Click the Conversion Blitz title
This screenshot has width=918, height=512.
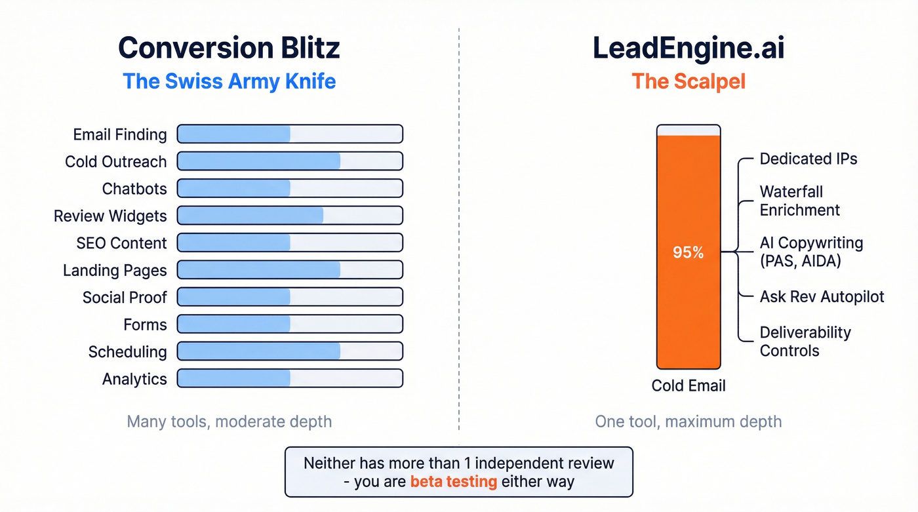pyautogui.click(x=229, y=49)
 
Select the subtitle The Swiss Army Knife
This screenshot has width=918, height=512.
pyautogui.click(x=229, y=81)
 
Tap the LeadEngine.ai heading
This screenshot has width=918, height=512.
pyautogui.click(x=688, y=49)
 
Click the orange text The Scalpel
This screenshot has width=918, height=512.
pyautogui.click(x=688, y=81)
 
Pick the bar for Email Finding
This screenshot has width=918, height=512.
pyautogui.click(x=290, y=134)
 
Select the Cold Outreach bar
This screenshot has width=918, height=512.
pyautogui.click(x=290, y=161)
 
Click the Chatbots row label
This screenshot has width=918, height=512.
pyautogui.click(x=134, y=189)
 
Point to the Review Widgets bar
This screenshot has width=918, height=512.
pyautogui.click(x=290, y=216)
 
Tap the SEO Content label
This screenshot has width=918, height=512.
pyautogui.click(x=121, y=243)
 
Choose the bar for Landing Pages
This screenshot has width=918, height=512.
pyautogui.click(x=290, y=270)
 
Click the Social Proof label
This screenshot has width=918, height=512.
pyautogui.click(x=125, y=298)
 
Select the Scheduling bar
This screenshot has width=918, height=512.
pyautogui.click(x=290, y=351)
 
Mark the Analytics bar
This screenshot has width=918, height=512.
pyautogui.click(x=290, y=379)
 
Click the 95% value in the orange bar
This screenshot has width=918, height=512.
pyautogui.click(x=688, y=252)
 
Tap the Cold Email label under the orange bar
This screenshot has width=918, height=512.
pyautogui.click(x=688, y=385)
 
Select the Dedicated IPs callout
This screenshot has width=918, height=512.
pyautogui.click(x=808, y=159)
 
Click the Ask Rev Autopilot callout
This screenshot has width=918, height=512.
pyautogui.click(x=822, y=296)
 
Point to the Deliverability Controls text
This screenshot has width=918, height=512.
pyautogui.click(x=805, y=341)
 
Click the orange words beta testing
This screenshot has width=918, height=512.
pyautogui.click(x=453, y=482)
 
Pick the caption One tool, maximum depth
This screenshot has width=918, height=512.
pyautogui.click(x=688, y=421)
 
